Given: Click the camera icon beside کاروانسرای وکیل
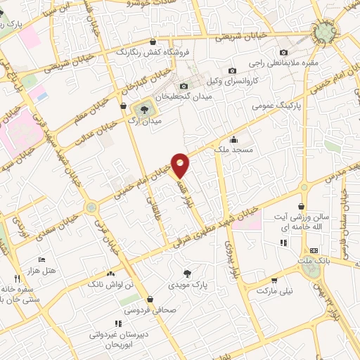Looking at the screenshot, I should pos(232,70).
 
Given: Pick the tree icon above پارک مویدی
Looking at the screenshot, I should pos(186,274).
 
